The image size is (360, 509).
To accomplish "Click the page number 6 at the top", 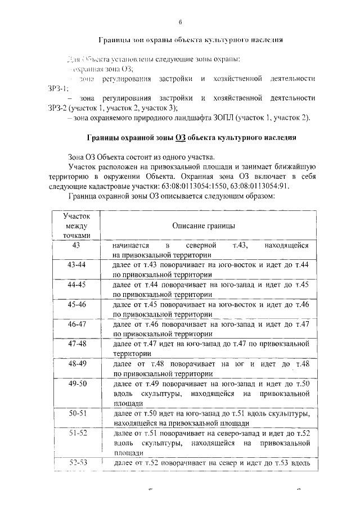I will pyautogui.click(x=180, y=22).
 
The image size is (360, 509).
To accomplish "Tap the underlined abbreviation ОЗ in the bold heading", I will pyautogui.click(x=180, y=138).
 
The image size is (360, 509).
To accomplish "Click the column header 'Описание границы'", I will pyautogui.click(x=204, y=225).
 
